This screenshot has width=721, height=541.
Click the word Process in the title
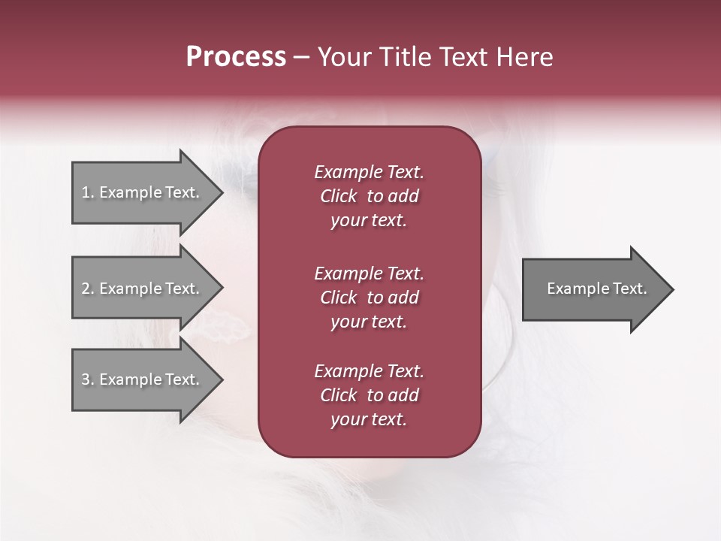[236, 57]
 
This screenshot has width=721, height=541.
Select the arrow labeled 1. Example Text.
[143, 192]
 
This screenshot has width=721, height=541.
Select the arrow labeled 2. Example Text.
[143, 289]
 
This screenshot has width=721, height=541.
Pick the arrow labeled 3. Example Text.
[143, 379]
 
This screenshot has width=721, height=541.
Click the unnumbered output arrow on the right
[593, 289]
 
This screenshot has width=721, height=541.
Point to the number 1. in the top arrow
[87, 192]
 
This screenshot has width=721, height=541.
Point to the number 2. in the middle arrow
[87, 289]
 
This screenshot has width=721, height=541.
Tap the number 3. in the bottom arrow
[87, 379]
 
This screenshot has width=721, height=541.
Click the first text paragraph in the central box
[369, 196]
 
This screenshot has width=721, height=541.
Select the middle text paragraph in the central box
[369, 298]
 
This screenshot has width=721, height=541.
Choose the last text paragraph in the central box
[369, 395]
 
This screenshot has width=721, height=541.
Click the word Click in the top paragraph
[339, 196]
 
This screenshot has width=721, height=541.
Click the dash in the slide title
[302, 58]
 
